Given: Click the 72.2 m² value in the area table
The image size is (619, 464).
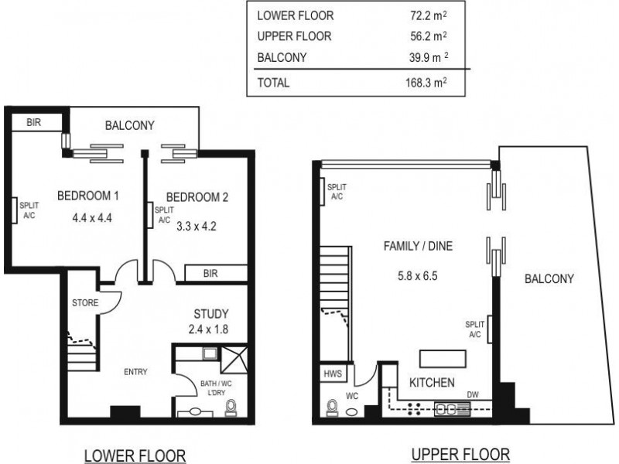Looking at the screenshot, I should (x=426, y=15).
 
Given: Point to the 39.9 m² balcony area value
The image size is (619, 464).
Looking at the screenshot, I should (x=426, y=56).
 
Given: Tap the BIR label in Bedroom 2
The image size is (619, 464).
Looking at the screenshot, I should (x=210, y=274).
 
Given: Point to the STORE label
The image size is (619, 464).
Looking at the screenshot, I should (x=84, y=302).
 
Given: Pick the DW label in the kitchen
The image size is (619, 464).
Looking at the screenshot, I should (x=473, y=395).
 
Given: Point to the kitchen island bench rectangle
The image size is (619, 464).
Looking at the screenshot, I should (x=443, y=359).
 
